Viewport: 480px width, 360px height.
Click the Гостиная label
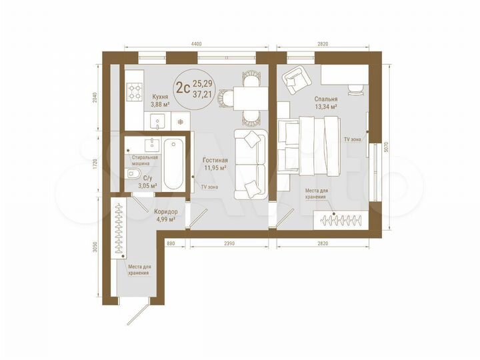coord(215,160)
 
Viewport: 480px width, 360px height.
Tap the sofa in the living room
coord(250,163)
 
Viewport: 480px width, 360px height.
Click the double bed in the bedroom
coord(309,145)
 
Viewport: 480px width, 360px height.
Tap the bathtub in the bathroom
coord(173,163)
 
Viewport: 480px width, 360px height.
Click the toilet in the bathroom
coord(132,175)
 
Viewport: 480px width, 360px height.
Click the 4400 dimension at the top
coord(196,43)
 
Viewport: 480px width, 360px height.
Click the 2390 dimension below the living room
coord(229,243)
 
